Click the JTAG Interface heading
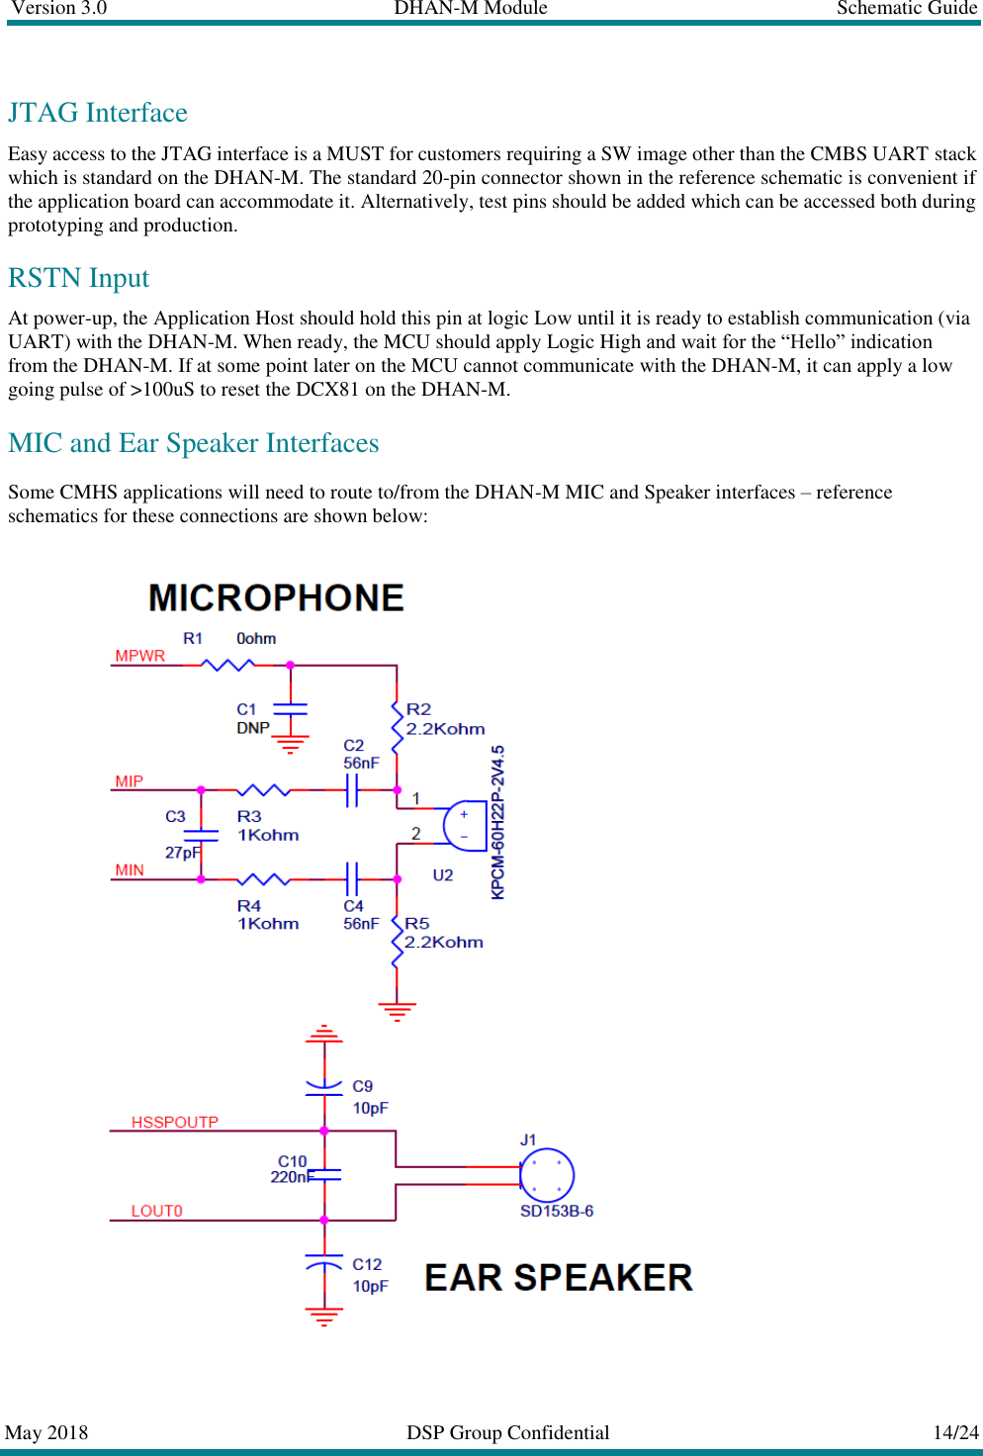[98, 113]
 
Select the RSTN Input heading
[79, 278]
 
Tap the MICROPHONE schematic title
[276, 598]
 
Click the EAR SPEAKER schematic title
[558, 1277]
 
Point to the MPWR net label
[139, 656]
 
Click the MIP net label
[129, 781]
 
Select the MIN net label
[129, 870]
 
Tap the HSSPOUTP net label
[174, 1122]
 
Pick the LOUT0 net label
[156, 1211]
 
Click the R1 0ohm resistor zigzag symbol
[228, 665]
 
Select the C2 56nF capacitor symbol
[352, 790]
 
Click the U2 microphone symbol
[464, 826]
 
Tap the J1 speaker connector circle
[547, 1175]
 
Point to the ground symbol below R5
[397, 1011]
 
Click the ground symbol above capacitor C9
[324, 1035]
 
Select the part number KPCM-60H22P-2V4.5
[498, 822]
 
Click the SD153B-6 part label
[556, 1211]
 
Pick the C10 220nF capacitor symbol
[324, 1175]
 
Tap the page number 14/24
[954, 1432]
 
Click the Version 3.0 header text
[58, 8]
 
